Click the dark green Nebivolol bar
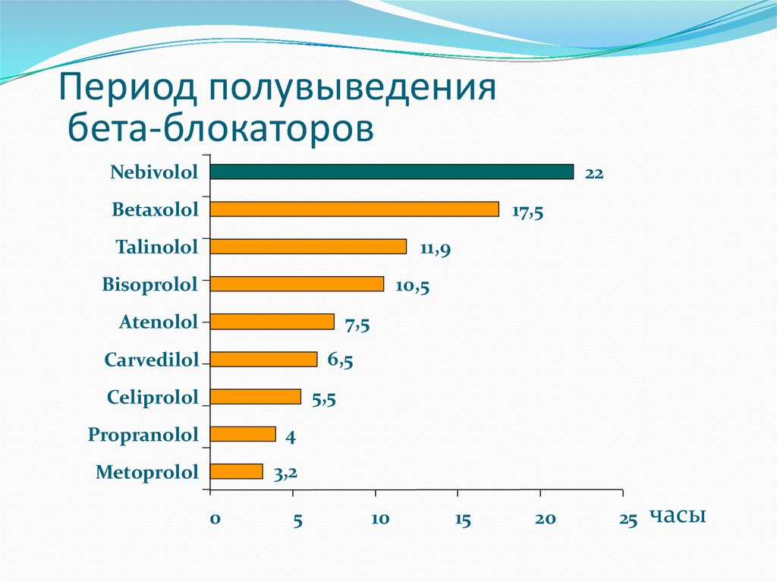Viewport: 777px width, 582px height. coord(392,171)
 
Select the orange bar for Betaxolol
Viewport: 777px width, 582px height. coord(354,209)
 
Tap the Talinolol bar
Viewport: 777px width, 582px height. coord(308,247)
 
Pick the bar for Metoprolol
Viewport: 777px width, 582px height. coord(236,471)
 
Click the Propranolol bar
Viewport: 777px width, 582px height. coord(243,434)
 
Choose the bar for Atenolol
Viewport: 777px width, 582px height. coord(272,322)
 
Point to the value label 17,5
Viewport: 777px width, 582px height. coord(527,212)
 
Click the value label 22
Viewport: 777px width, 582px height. coord(593,174)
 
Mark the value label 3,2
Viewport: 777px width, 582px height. coord(285,474)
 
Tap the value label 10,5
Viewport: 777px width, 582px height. coord(412,287)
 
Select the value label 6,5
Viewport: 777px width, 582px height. coord(340,360)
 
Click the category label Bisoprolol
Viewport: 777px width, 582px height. coord(149,285)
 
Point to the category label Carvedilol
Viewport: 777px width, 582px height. coord(151,360)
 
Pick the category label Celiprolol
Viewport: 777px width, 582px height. coord(153,397)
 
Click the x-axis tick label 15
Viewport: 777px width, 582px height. coord(463,520)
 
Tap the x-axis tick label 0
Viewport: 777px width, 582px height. coord(215,520)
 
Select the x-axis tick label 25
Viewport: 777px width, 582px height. coord(628,520)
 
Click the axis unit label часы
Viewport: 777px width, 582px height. coord(678,516)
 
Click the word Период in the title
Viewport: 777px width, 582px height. coord(128,88)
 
